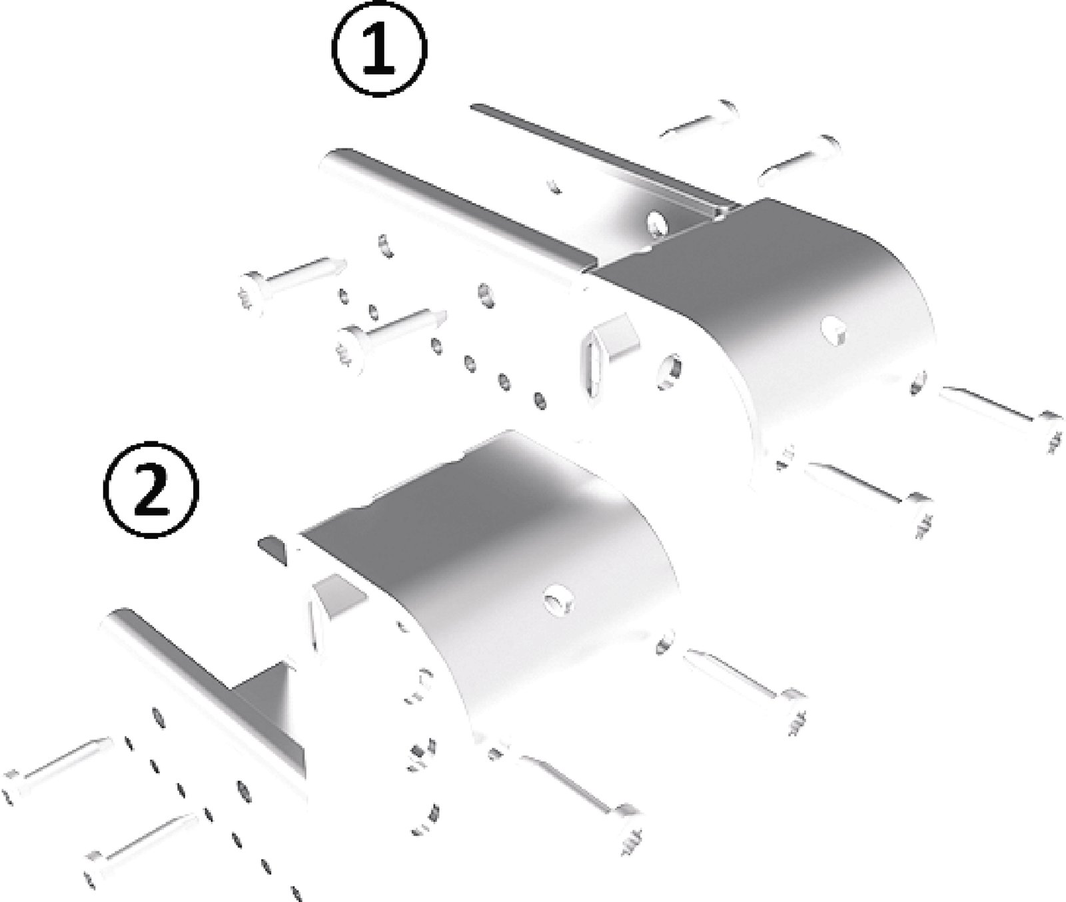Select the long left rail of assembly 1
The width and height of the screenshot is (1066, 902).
(453, 213)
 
